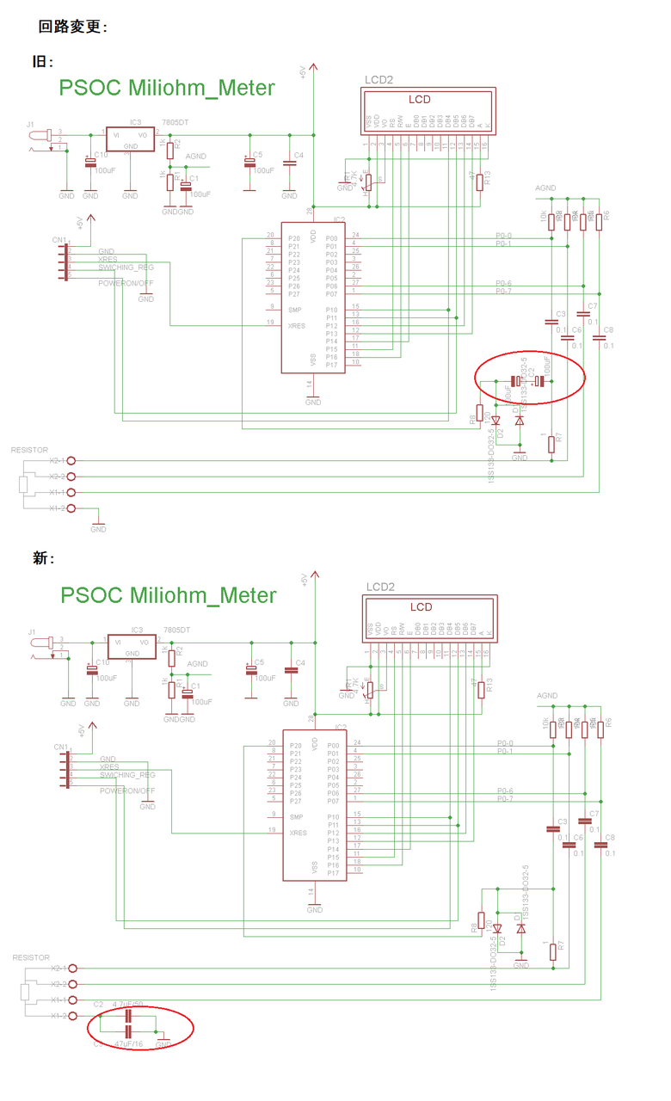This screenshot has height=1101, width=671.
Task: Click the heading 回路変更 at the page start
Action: (x=72, y=27)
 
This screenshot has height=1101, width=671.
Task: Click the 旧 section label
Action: (x=43, y=62)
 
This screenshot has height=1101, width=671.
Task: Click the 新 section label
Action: (x=44, y=558)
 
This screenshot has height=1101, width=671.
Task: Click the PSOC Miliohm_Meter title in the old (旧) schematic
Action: (x=167, y=88)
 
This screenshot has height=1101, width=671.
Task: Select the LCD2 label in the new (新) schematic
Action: (x=379, y=587)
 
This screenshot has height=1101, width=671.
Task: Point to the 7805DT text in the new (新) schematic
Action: (x=176, y=630)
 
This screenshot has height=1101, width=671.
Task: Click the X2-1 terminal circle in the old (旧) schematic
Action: (x=71, y=460)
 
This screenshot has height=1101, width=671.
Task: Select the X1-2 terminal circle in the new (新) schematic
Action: (x=73, y=1016)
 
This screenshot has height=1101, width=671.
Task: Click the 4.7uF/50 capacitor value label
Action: (x=128, y=1004)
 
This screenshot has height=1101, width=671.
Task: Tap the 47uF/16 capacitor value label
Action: (x=129, y=1044)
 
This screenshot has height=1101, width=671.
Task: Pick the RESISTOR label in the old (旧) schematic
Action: (x=29, y=450)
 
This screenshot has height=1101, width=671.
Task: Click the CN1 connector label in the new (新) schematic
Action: (x=60, y=747)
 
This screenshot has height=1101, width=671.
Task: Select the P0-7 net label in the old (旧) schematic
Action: (x=503, y=292)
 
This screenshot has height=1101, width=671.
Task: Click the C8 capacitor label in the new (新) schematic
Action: (x=610, y=837)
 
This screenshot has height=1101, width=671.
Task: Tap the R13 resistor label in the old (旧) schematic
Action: (x=488, y=179)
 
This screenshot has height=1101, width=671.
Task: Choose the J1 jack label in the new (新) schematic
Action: (x=33, y=632)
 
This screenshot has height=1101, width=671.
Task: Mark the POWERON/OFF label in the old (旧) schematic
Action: (x=126, y=283)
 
